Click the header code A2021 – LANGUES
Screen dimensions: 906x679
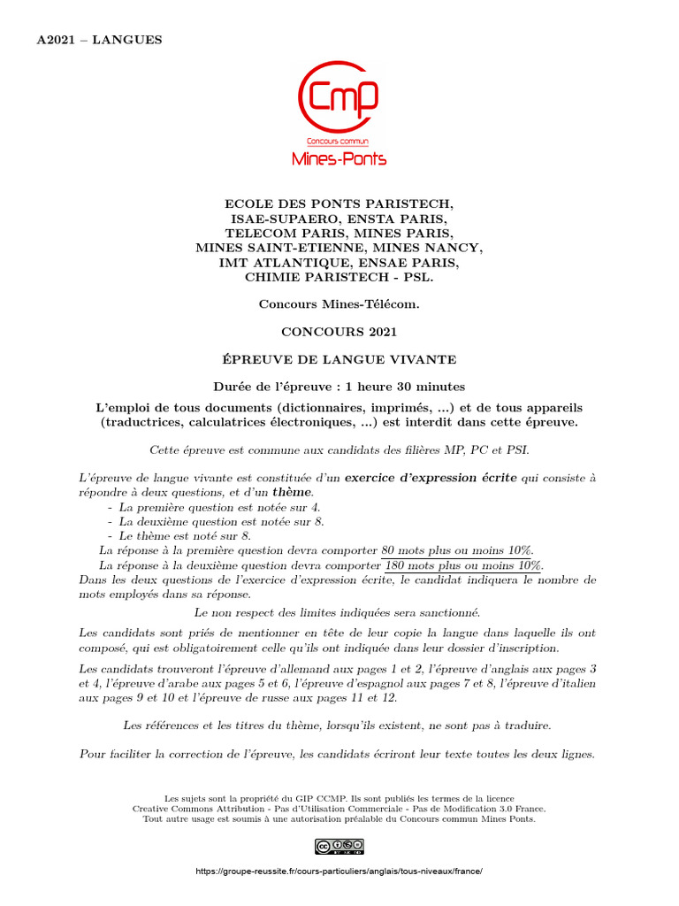[99, 40]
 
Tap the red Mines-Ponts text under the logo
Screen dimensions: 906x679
[339, 158]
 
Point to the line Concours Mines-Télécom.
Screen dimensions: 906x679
[339, 304]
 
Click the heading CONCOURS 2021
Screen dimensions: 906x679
[339, 332]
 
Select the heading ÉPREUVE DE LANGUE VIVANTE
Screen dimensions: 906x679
[339, 359]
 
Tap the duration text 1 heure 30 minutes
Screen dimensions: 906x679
[405, 387]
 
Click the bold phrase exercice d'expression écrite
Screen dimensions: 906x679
[431, 478]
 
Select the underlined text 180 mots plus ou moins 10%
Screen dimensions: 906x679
[463, 565]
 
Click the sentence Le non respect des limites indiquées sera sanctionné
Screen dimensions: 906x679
[339, 611]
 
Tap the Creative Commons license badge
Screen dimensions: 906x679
[339, 847]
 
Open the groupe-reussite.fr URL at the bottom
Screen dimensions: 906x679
[339, 871]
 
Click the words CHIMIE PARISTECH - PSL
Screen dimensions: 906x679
[339, 278]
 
